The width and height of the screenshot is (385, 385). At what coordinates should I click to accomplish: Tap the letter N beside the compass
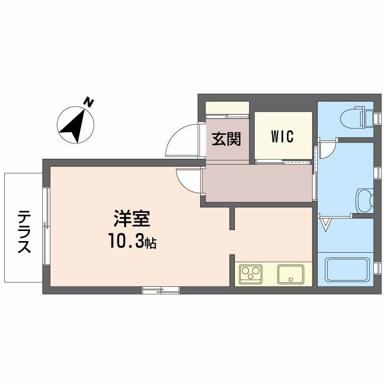(x=89, y=102)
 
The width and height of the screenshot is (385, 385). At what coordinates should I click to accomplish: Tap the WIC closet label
(x=282, y=137)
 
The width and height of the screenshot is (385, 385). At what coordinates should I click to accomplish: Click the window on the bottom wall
(x=161, y=290)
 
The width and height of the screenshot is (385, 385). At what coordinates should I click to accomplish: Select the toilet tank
(x=369, y=117)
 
